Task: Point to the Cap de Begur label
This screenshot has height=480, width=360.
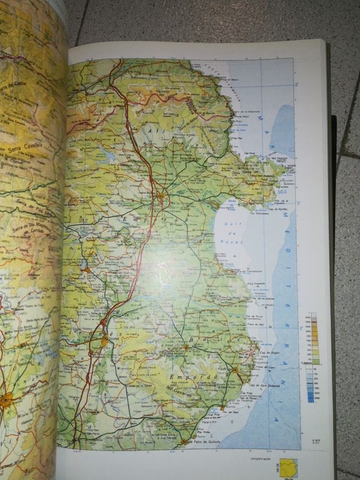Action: (260, 352)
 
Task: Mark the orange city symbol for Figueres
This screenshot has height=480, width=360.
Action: (162, 195)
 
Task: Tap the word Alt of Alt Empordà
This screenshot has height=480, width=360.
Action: (153, 131)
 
